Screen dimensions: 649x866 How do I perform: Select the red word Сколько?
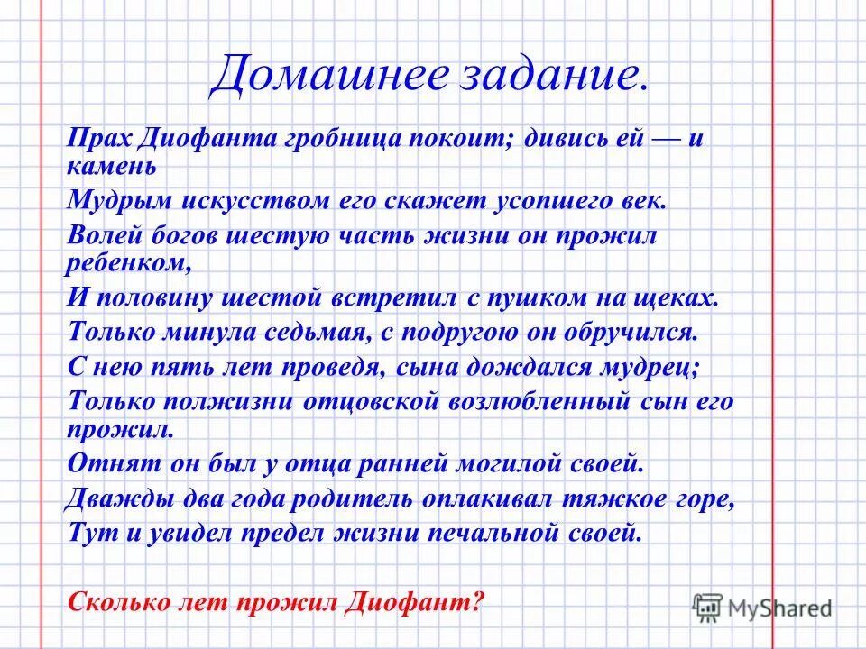coord(115,599)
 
